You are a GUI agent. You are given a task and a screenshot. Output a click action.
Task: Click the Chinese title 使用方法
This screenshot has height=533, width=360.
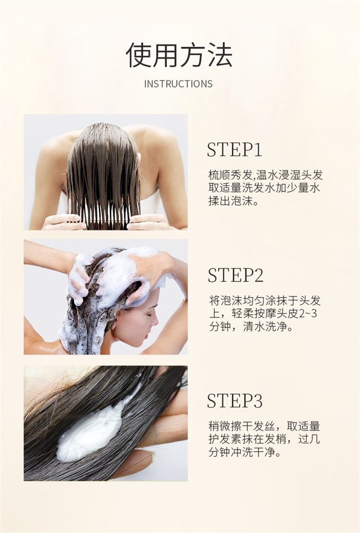(179, 55)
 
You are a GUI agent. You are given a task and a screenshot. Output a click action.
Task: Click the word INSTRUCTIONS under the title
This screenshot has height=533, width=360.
(179, 84)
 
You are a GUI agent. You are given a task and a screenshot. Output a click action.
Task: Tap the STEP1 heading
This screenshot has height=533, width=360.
(235, 150)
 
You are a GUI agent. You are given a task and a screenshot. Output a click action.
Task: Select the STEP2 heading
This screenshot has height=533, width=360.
(235, 275)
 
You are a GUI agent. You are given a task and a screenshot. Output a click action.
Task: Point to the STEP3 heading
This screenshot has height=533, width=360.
(235, 401)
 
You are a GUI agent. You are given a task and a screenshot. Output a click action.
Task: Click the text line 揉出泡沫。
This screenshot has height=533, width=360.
(234, 201)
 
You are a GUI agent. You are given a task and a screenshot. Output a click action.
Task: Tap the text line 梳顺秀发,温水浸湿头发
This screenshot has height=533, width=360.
(265, 175)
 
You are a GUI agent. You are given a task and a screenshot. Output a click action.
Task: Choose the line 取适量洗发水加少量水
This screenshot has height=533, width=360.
(264, 188)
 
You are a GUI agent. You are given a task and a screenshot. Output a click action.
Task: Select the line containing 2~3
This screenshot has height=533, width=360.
(263, 313)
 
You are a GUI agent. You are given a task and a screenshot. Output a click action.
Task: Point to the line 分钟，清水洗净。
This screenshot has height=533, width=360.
(251, 327)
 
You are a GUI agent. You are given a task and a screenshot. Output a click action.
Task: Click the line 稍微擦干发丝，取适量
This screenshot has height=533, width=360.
(264, 426)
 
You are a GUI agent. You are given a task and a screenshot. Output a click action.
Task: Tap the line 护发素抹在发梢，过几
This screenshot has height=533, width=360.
(264, 439)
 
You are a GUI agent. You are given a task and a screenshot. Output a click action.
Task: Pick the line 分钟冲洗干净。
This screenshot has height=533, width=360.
(245, 452)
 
